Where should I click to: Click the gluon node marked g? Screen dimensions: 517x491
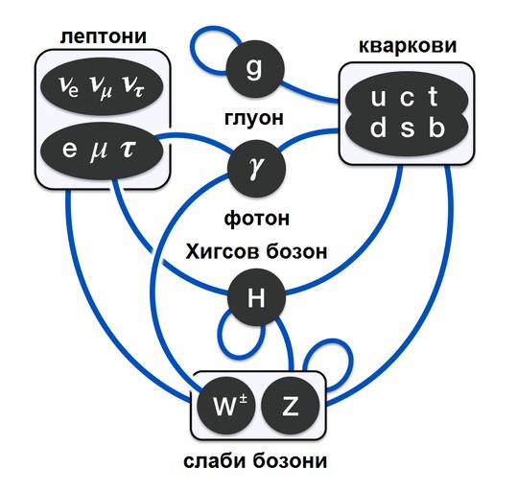[x=255, y=69]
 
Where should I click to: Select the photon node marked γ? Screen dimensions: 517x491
[x=256, y=168]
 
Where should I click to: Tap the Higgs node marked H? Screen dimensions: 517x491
[x=256, y=297]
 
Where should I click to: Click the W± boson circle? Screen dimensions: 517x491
[x=226, y=406]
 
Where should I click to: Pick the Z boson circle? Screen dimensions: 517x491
[x=291, y=406]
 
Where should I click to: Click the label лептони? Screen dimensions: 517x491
[x=104, y=36]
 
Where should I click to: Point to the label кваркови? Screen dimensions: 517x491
[x=408, y=46]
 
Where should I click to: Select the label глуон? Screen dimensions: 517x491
[x=254, y=118]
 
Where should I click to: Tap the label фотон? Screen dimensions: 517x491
[x=256, y=218]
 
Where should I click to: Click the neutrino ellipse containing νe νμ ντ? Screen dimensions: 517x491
[x=102, y=86]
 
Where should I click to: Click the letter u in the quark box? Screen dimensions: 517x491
[x=378, y=98]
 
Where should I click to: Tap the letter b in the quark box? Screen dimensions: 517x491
[x=436, y=128]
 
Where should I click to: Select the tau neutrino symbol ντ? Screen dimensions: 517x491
[x=133, y=86]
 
